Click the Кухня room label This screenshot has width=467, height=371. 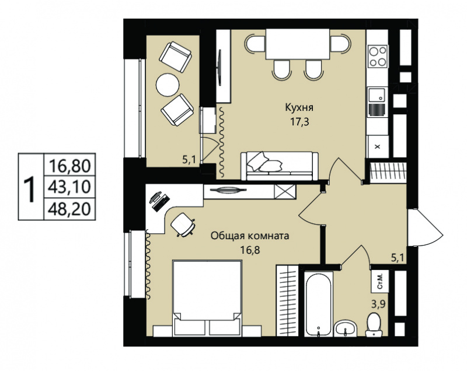[299, 108]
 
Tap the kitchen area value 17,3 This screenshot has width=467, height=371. [299, 122]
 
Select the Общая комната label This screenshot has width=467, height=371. [250, 236]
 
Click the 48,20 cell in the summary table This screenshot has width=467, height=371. [69, 209]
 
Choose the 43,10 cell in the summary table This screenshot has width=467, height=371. [69, 187]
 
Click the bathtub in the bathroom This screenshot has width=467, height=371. [318, 305]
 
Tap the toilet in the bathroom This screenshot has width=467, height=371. [374, 325]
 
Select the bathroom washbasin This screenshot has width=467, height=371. [345, 329]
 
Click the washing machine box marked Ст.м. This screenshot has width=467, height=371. [380, 281]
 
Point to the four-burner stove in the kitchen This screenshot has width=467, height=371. [378, 56]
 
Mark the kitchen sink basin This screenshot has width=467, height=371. [377, 94]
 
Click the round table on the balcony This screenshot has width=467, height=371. [168, 85]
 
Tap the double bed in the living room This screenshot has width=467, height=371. [207, 299]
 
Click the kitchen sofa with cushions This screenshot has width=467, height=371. [280, 166]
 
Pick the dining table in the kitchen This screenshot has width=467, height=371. [298, 44]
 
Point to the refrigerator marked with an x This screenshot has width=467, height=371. [378, 146]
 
